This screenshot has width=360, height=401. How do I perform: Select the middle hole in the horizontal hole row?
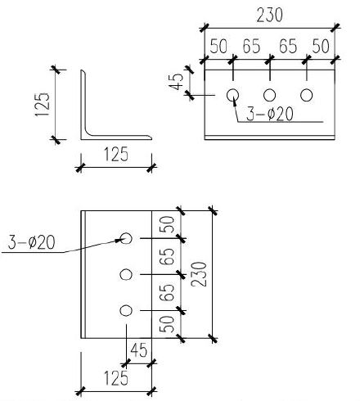pos(269,94)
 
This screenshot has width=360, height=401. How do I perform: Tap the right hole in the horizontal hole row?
pos(307,94)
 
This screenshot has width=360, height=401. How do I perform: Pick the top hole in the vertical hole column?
pos(126,238)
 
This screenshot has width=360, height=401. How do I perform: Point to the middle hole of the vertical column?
pos(126,274)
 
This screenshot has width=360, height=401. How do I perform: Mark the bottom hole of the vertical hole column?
pos(126,310)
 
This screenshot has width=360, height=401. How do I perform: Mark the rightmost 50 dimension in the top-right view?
pos(322,47)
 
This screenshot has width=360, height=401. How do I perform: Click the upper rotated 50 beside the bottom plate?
pos(167,226)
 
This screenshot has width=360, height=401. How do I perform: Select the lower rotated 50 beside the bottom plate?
pos(167,323)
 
